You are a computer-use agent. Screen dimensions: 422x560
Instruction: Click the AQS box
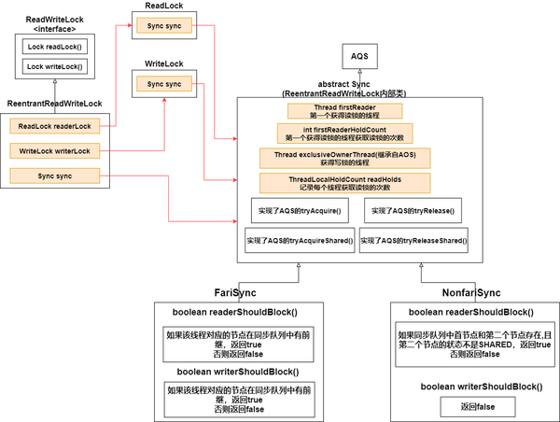[x=358, y=58]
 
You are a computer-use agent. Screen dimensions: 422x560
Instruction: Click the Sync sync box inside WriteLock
[x=162, y=85]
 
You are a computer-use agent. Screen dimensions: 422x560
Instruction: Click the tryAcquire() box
[x=301, y=211]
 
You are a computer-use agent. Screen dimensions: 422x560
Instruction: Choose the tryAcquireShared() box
[x=300, y=241]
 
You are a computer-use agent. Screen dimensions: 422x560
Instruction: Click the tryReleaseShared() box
[x=413, y=241]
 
